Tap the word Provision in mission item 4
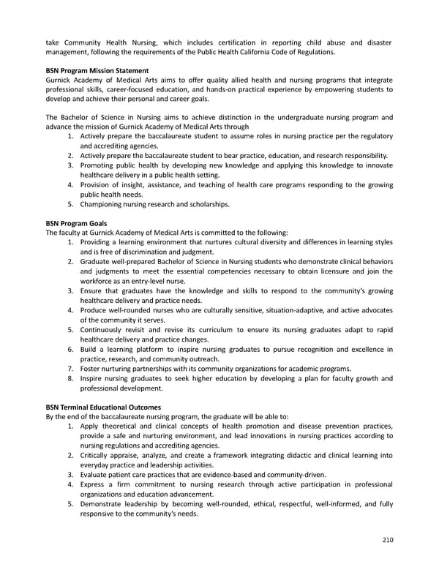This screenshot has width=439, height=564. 97,184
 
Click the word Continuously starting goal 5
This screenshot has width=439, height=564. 105,330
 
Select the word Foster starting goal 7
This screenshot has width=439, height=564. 92,368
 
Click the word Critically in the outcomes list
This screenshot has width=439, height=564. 98,454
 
